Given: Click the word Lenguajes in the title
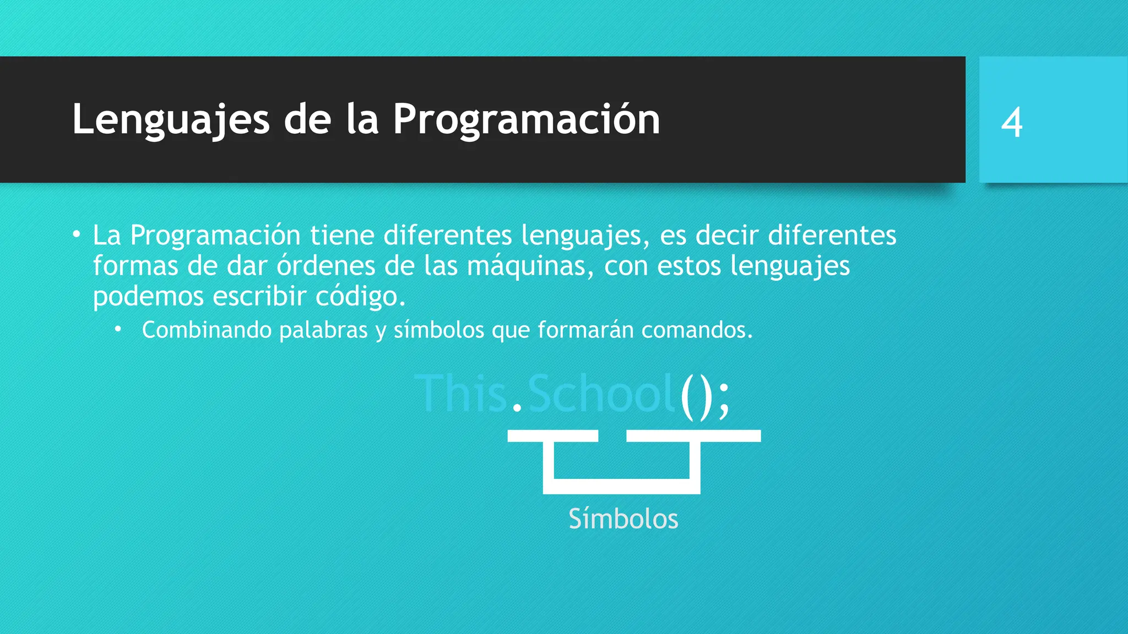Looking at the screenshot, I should tap(171, 119).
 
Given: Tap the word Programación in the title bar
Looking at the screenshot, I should tap(526, 119).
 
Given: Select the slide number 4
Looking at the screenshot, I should tap(1012, 122).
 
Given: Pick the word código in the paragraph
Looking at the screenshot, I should tap(360, 297).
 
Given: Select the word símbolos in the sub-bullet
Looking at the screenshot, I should tap(438, 330).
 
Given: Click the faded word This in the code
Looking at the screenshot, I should tap(460, 393).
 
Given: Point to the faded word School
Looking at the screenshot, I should tap(601, 393).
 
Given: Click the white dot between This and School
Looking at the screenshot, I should tap(517, 408).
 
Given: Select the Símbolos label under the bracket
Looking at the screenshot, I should tap(623, 519).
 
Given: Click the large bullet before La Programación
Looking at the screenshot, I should tap(77, 235).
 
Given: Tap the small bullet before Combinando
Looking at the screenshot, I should tap(118, 330).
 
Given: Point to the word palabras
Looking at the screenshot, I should tap(323, 330).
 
